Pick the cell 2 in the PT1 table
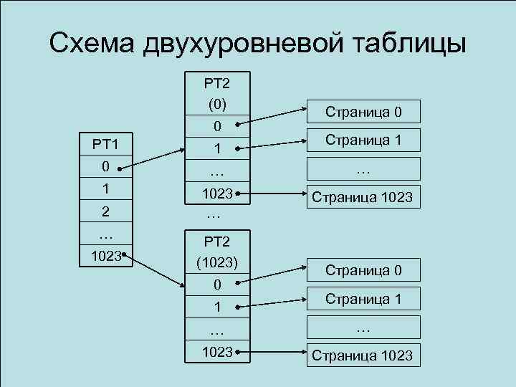click(x=105, y=212)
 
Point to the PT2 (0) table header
click(x=217, y=93)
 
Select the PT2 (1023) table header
click(x=217, y=252)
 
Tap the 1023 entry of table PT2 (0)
click(x=217, y=193)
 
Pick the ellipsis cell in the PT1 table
click(x=105, y=234)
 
